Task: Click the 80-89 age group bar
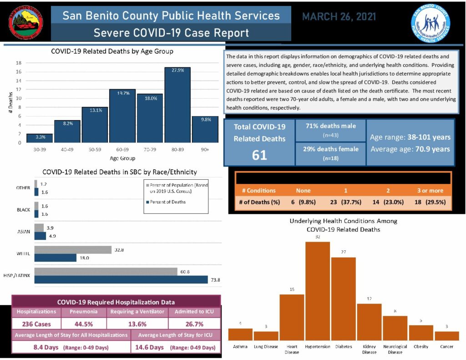[177, 105]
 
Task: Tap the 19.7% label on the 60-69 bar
[122, 93]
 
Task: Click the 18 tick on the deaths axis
[19, 63]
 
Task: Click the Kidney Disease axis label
[369, 349]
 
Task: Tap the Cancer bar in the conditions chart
[446, 336]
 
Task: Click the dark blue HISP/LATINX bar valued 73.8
[121, 279]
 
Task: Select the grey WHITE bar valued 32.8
[73, 249]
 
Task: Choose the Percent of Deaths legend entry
[167, 202]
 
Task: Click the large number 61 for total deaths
[259, 155]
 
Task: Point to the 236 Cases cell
[37, 324]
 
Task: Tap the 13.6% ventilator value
[137, 324]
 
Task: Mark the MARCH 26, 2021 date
[339, 17]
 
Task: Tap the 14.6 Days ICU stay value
[150, 347]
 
